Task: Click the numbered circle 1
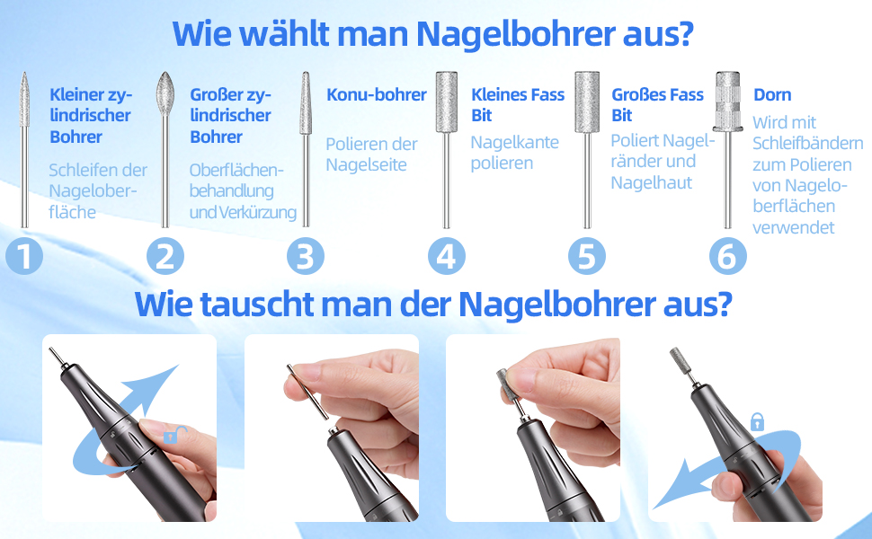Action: click(x=24, y=256)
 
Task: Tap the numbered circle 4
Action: click(x=447, y=256)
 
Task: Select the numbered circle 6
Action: click(x=728, y=256)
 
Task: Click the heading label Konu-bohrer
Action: click(x=377, y=94)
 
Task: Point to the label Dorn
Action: click(x=772, y=95)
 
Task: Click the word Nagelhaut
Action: click(x=651, y=182)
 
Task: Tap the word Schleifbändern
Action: click(x=807, y=144)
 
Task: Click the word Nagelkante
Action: click(x=515, y=142)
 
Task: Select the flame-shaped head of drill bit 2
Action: click(x=165, y=93)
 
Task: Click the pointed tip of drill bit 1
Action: click(x=24, y=73)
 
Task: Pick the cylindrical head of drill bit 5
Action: click(x=587, y=102)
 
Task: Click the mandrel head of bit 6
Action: click(x=728, y=101)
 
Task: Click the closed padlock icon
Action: click(x=758, y=421)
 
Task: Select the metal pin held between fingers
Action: click(x=307, y=392)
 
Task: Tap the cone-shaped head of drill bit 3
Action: click(x=306, y=102)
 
